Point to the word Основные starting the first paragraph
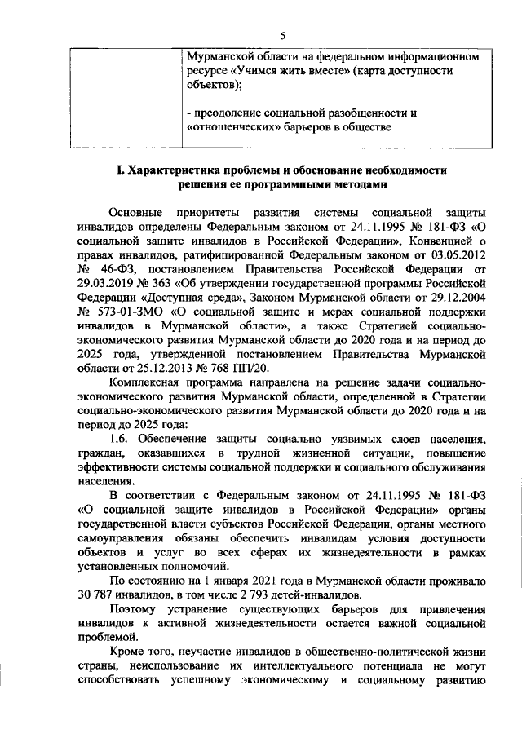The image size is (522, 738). pyautogui.click(x=135, y=212)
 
